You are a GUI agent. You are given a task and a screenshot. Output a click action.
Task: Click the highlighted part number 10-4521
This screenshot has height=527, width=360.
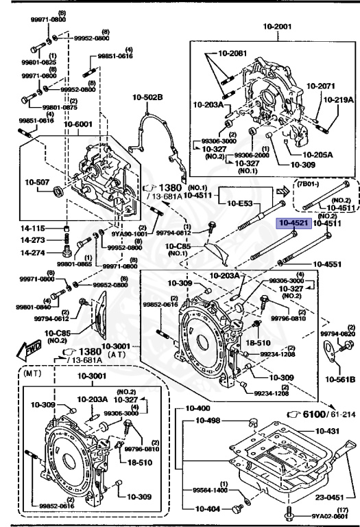[293, 223]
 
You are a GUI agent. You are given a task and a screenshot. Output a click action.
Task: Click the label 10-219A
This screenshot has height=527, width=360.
[338, 99]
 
